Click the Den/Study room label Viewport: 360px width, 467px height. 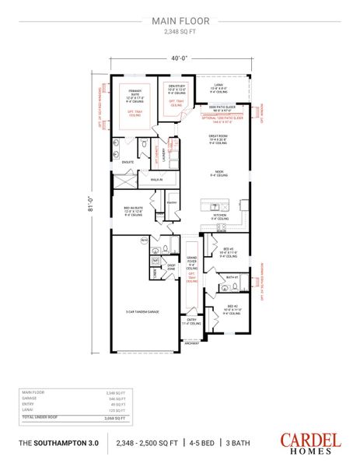pos(177,86)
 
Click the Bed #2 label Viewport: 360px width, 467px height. pos(231,307)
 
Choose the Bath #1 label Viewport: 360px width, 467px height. pos(232,276)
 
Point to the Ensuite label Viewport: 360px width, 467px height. pos(127,163)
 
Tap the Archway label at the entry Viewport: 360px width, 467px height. pos(191,342)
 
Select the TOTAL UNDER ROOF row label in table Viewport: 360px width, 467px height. pos(39,416)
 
